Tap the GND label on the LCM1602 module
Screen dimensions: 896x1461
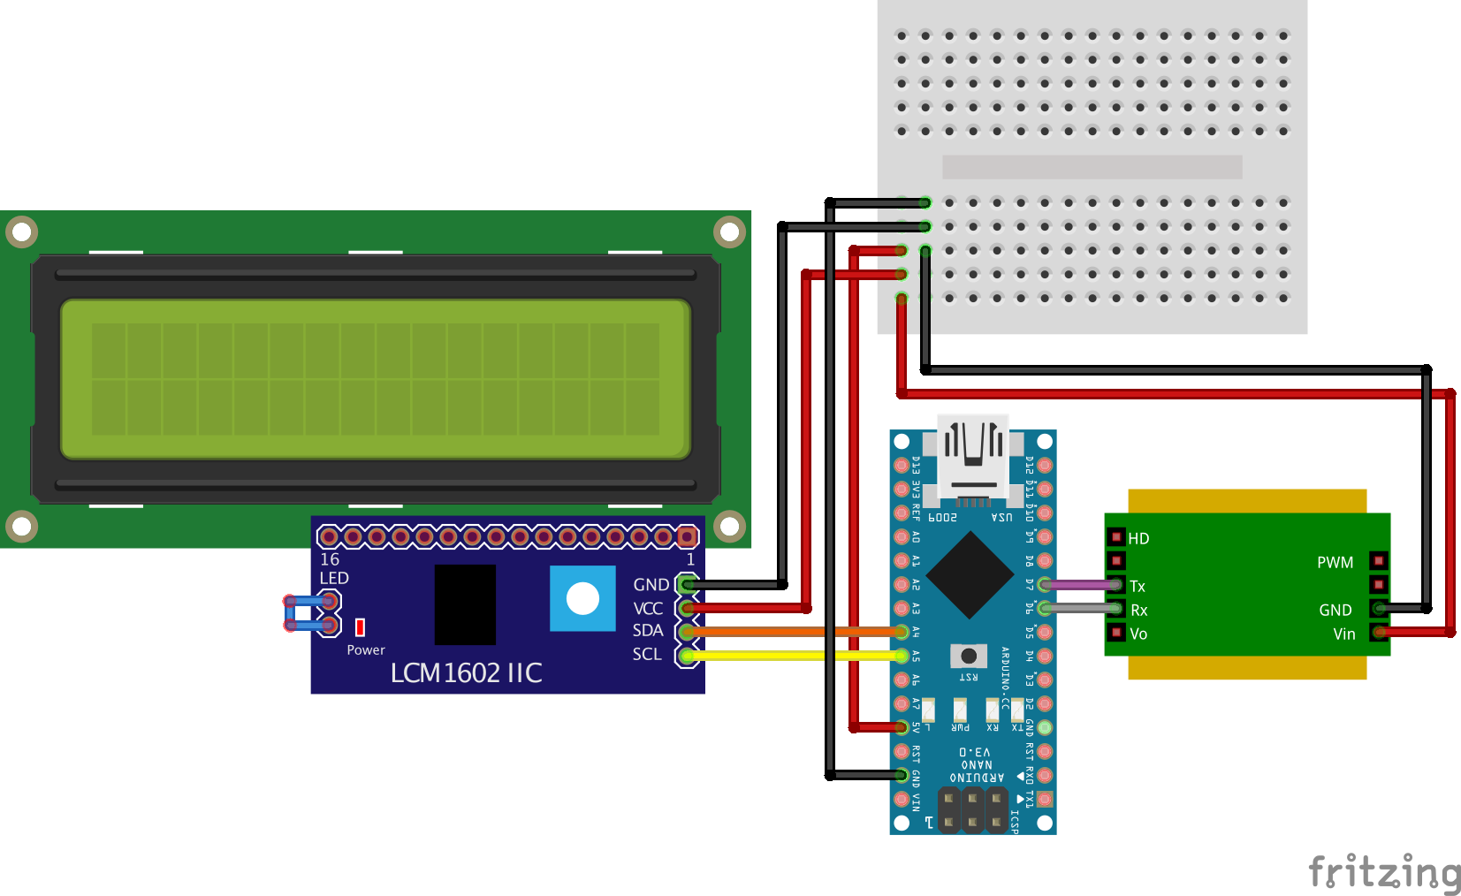[651, 585]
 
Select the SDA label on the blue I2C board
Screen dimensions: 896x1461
[647, 631]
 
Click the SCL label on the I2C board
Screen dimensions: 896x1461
[646, 655]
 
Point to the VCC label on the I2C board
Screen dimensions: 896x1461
[647, 609]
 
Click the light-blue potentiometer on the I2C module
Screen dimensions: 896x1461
[582, 599]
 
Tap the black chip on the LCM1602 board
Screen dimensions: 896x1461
[465, 605]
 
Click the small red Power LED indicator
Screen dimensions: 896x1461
[360, 627]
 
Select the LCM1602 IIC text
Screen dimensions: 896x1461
[466, 673]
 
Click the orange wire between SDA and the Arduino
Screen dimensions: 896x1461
[778, 632]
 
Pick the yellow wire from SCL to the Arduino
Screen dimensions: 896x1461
[778, 656]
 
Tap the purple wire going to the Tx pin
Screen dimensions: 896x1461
[1080, 585]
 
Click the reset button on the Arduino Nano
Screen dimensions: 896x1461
[969, 656]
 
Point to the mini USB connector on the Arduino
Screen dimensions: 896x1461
[972, 459]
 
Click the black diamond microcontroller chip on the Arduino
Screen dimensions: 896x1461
[970, 575]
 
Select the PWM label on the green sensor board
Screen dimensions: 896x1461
[1335, 563]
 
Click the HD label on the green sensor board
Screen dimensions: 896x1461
[1138, 539]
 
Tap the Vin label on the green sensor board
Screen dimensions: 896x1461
[1343, 634]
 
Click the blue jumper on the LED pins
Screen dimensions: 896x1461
[303, 613]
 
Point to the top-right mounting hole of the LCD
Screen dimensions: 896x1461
[729, 232]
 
